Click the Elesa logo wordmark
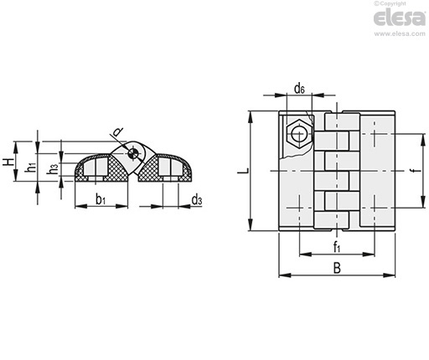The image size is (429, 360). click(x=400, y=18)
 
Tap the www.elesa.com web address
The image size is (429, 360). click(x=400, y=33)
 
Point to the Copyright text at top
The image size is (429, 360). click(x=390, y=3)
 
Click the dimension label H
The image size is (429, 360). click(x=8, y=162)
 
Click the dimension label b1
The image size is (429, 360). click(x=101, y=199)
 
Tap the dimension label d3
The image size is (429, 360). click(x=197, y=200)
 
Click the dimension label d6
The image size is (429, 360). click(x=299, y=89)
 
